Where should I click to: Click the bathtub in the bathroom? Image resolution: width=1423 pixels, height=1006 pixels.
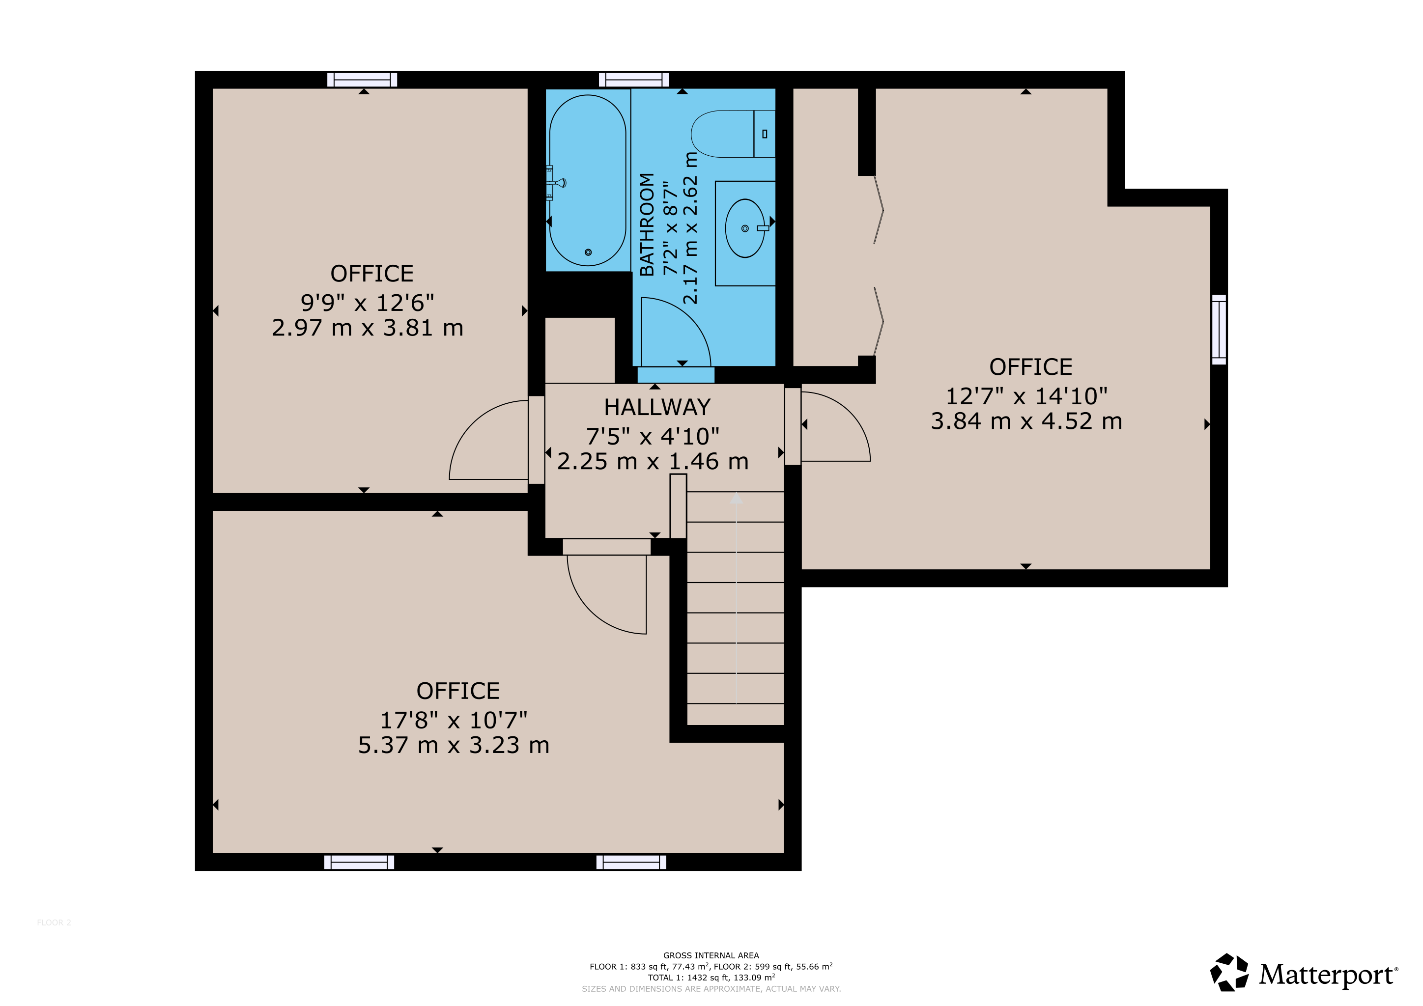click(x=588, y=180)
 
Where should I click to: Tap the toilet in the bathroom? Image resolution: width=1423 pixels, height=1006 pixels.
click(x=733, y=134)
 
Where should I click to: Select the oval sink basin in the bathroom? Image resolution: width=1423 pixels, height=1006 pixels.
click(x=745, y=228)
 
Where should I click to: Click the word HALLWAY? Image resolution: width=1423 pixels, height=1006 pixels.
click(x=657, y=407)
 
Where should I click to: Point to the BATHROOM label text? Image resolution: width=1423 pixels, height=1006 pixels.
click(x=647, y=224)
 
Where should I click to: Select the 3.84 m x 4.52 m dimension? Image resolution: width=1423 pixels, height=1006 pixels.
click(x=1026, y=421)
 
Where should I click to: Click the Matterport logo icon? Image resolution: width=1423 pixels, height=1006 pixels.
click(x=1229, y=973)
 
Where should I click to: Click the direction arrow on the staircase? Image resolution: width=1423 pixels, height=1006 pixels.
click(x=736, y=598)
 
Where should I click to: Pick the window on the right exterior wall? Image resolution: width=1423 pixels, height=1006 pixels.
click(x=1219, y=330)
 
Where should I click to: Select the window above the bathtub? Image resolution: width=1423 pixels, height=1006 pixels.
click(x=634, y=79)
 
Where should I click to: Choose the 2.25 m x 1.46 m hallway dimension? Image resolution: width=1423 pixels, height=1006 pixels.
click(x=653, y=462)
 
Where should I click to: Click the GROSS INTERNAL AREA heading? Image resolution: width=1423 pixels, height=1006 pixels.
click(x=711, y=955)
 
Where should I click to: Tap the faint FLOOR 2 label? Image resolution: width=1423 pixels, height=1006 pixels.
click(x=54, y=922)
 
